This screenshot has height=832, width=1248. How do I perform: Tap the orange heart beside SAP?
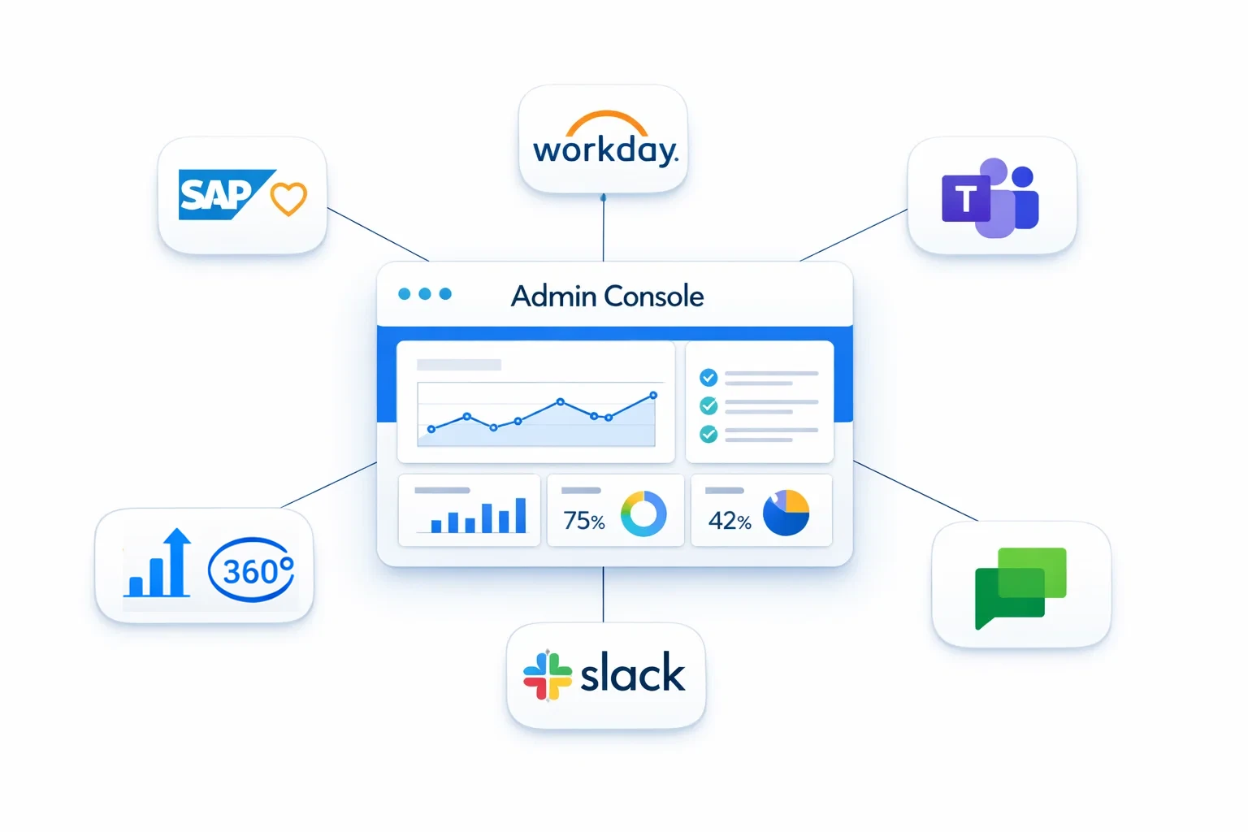[x=288, y=198]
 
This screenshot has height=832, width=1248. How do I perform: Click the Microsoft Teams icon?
[x=990, y=197]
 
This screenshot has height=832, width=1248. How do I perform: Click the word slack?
[x=632, y=674]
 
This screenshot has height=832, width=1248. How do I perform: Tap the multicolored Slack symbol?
[x=547, y=675]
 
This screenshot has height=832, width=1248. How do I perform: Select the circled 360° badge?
[x=251, y=570]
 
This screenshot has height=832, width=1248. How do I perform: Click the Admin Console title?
[x=607, y=296]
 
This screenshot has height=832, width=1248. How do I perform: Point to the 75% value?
[x=583, y=521]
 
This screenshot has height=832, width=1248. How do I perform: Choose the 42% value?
[x=729, y=521]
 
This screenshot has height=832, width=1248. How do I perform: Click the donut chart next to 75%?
[x=643, y=513]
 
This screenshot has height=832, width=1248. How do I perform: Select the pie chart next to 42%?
[x=786, y=513]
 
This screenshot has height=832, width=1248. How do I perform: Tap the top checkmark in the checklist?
[x=708, y=377]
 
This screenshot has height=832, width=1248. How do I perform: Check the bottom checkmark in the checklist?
[x=708, y=434]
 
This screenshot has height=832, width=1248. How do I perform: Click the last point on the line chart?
[x=653, y=396]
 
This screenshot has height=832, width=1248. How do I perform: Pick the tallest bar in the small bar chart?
[x=521, y=515]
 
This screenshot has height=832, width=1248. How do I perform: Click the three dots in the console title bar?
[x=424, y=294]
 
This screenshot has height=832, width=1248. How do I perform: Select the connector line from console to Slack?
[x=603, y=594]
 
